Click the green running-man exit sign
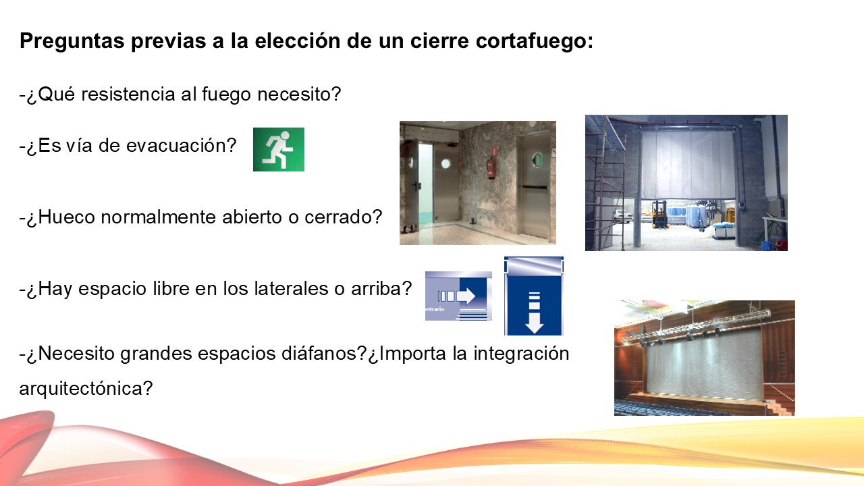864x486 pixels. [x=278, y=149]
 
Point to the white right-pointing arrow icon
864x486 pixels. [x=466, y=296]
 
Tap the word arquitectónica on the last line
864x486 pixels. [x=86, y=389]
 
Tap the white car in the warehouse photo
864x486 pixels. [x=621, y=215]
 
